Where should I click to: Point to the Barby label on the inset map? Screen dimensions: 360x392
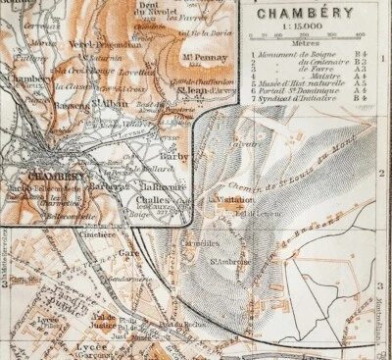(x=168, y=153)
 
